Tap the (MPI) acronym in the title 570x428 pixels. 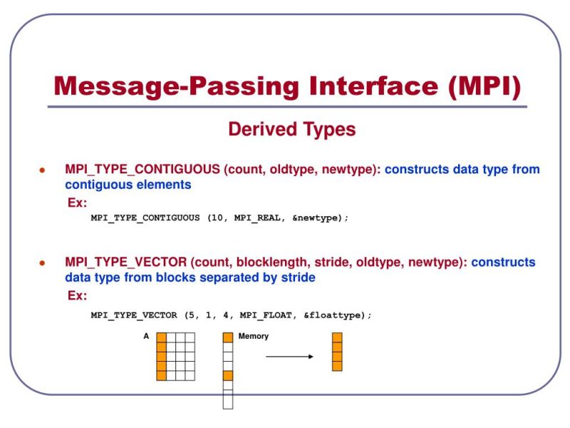tap(485, 86)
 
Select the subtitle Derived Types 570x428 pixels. tap(291, 130)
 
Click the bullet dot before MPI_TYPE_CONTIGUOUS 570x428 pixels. tap(42, 171)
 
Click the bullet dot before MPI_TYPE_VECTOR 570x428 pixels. tap(42, 263)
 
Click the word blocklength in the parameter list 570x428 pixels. tap(263, 263)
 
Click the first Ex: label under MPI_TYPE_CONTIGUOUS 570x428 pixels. tap(77, 203)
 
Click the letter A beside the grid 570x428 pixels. tap(147, 336)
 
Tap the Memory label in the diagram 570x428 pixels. tap(254, 336)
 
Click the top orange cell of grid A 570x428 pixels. tap(162, 337)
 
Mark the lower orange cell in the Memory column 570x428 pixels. tap(228, 375)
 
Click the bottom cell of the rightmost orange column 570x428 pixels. tap(337, 366)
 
